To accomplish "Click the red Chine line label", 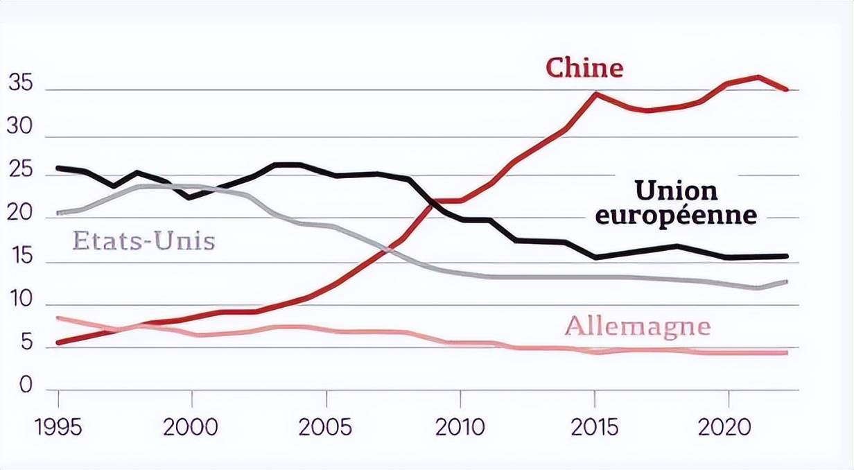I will [584, 69].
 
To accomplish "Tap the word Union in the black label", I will [676, 190].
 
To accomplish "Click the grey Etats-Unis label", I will [143, 241].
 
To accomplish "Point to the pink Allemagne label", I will [638, 325].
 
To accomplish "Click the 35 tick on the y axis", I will [20, 82].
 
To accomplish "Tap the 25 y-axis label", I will [20, 171].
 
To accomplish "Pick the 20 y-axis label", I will [20, 214].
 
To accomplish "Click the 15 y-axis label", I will [20, 257].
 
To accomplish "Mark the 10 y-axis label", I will [20, 300].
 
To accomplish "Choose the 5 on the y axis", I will [26, 343].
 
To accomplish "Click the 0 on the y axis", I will [26, 385].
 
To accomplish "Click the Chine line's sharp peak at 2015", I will [595, 93].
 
